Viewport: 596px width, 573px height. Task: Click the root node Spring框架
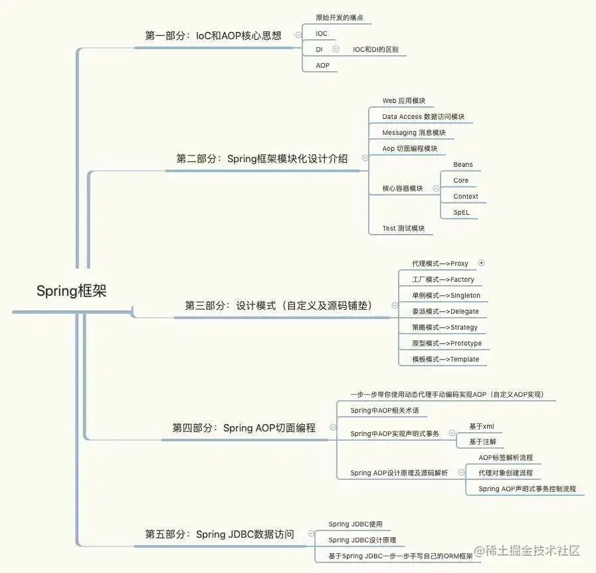[x=71, y=291]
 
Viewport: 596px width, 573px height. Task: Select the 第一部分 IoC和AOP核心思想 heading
[x=213, y=36]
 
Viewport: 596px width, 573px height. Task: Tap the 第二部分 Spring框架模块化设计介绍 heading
[x=262, y=159]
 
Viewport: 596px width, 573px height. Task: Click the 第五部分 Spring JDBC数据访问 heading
[x=219, y=534]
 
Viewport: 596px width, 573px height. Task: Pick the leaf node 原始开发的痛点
[x=339, y=17]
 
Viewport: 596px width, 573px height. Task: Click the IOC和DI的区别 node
[x=375, y=49]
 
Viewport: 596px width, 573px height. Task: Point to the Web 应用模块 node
[x=403, y=101]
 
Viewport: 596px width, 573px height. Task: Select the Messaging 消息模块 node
[x=413, y=133]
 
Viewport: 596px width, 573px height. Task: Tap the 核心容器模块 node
[x=402, y=189]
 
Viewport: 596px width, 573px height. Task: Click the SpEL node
[x=461, y=213]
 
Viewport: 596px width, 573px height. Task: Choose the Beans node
[x=463, y=164]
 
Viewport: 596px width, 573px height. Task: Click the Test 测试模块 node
[x=403, y=229]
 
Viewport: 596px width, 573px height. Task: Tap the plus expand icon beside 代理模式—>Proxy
[x=482, y=263]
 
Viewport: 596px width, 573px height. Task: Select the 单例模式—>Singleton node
[x=446, y=296]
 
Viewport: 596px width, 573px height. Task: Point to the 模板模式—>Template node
[x=445, y=360]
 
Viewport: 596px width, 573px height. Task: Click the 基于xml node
[x=481, y=427]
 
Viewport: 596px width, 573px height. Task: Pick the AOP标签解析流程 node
[x=505, y=458]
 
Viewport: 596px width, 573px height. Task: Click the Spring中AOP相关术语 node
[x=385, y=411]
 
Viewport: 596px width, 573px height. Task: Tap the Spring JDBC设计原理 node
[x=361, y=540]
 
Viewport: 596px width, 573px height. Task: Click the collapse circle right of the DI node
[x=336, y=49]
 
